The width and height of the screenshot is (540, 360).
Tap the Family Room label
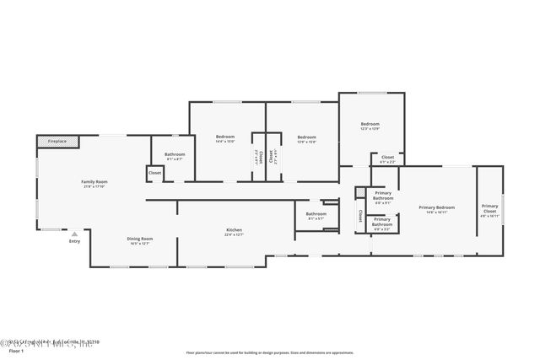click(94, 181)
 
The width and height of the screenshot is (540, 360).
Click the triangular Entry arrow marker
click(75, 234)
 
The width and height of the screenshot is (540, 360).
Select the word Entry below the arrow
click(75, 242)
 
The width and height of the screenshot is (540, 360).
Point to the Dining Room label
click(140, 239)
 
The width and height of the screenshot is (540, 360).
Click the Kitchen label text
click(234, 230)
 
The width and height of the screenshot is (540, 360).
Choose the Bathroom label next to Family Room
click(175, 154)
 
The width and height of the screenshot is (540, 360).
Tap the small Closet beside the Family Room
click(154, 173)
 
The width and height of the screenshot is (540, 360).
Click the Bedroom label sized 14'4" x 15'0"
click(225, 137)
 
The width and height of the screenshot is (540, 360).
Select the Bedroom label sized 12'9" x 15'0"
click(306, 137)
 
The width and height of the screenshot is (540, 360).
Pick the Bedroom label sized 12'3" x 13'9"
click(370, 124)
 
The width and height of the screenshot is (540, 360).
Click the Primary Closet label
click(490, 209)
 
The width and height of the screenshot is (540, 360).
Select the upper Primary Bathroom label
click(382, 195)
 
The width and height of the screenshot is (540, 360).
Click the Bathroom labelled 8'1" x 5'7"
click(316, 213)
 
